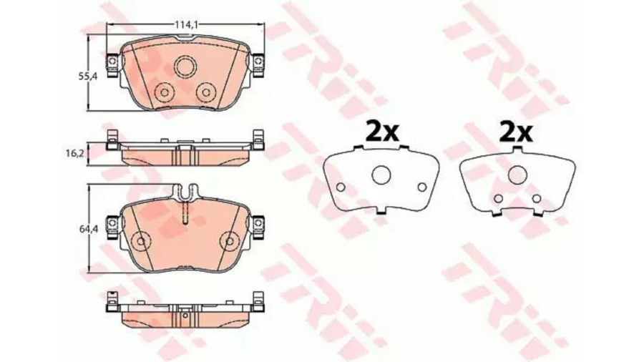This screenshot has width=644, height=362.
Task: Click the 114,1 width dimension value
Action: (187, 24)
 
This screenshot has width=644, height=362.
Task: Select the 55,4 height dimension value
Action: (88, 76)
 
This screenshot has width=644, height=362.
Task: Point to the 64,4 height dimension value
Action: (88, 230)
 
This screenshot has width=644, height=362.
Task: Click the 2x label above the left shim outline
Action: (382, 132)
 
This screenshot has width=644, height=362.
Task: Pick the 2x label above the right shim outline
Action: (516, 132)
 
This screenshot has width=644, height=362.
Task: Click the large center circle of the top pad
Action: (185, 67)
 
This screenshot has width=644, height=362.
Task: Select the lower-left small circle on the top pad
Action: (165, 92)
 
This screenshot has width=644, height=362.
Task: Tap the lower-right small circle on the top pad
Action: (205, 92)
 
